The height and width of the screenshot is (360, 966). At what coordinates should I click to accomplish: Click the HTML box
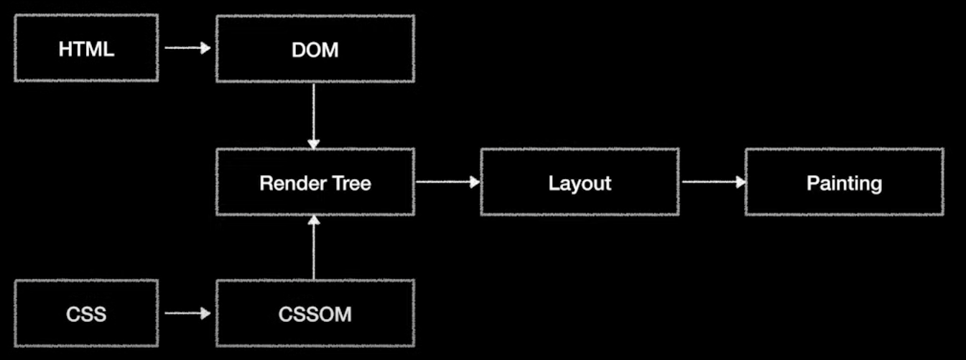pyautogui.click(x=86, y=49)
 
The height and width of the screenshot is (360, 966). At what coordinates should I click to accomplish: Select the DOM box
pyautogui.click(x=315, y=49)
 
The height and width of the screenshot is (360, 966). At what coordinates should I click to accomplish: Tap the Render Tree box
pyautogui.click(x=315, y=182)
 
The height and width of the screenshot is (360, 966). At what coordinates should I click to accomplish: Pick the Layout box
pyautogui.click(x=579, y=182)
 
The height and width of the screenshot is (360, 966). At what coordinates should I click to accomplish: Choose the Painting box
pyautogui.click(x=844, y=182)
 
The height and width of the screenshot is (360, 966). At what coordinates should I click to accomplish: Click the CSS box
pyautogui.click(x=86, y=313)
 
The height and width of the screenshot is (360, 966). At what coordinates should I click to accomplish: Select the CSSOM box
pyautogui.click(x=315, y=313)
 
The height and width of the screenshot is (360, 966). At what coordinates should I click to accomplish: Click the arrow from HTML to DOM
pyautogui.click(x=187, y=49)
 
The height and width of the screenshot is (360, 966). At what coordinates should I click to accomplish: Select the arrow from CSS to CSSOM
pyautogui.click(x=187, y=313)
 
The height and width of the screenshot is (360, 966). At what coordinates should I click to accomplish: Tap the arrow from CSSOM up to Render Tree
pyautogui.click(x=313, y=248)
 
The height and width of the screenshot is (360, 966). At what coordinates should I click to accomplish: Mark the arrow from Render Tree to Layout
pyautogui.click(x=447, y=182)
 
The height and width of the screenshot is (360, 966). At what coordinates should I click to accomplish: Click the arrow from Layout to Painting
pyautogui.click(x=712, y=182)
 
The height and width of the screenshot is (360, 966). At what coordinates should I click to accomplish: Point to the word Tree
pyautogui.click(x=347, y=183)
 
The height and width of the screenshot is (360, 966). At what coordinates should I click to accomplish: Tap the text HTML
pyautogui.click(x=86, y=50)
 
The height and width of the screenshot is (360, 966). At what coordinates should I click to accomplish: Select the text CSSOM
pyautogui.click(x=315, y=315)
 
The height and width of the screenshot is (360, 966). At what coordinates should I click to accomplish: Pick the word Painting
pyautogui.click(x=844, y=183)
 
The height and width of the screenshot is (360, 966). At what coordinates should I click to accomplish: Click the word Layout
pyautogui.click(x=579, y=183)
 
